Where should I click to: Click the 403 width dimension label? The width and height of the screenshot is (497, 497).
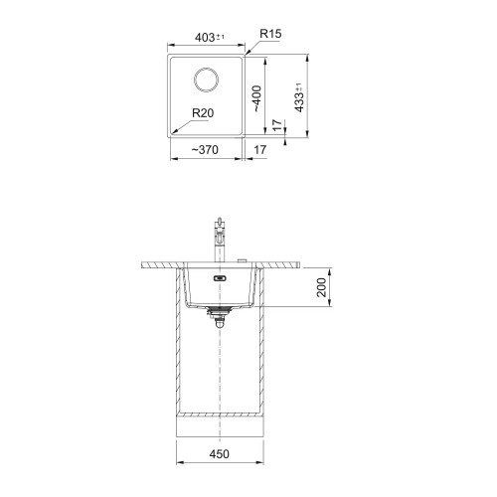210,38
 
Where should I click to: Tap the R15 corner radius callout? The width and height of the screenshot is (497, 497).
270,34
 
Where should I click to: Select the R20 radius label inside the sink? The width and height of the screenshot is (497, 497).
203,113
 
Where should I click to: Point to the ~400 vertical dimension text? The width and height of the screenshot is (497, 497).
257,98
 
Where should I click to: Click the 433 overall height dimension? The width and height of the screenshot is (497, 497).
299,97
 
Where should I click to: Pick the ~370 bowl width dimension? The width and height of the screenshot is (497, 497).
205,150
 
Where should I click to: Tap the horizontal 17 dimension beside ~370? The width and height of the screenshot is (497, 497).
259,150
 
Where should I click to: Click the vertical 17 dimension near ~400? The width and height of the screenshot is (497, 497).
277,125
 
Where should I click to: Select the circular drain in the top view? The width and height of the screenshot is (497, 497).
206,80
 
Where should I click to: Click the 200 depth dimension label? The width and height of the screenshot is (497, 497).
321,287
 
